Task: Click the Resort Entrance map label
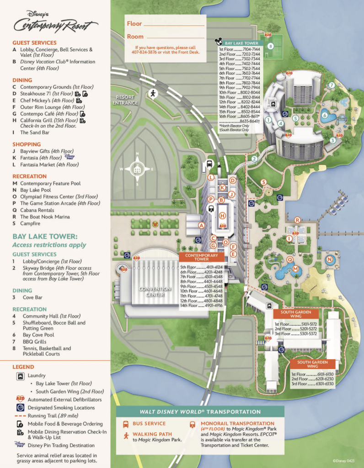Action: tap(125, 100)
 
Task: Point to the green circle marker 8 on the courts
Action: tap(270, 46)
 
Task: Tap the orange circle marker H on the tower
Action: tap(223, 216)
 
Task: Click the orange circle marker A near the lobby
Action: tap(201, 225)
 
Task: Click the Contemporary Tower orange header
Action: tap(201, 257)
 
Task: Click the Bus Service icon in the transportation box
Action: tap(125, 424)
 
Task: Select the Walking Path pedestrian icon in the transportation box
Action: tap(125, 436)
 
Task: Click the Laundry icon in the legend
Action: tap(20, 377)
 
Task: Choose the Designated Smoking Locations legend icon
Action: tap(20, 408)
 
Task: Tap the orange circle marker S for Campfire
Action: tap(263, 182)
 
